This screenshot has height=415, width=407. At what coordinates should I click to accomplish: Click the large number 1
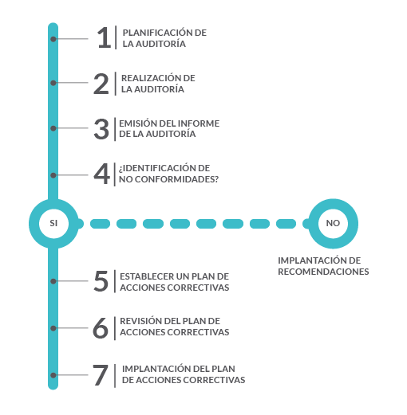[105, 37]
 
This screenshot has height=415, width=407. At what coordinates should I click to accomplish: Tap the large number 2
[101, 84]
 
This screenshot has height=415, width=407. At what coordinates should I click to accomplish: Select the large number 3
[101, 129]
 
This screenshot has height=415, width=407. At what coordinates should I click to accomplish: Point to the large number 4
[101, 174]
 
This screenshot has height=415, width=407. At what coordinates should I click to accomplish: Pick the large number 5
[101, 281]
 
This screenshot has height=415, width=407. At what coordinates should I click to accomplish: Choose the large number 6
[101, 328]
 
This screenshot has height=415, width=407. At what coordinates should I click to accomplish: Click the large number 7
[101, 375]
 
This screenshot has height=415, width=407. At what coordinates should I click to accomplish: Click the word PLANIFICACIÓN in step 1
[157, 33]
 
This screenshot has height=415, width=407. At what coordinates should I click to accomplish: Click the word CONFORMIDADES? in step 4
[176, 179]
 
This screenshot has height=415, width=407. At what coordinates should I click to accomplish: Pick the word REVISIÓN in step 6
[140, 321]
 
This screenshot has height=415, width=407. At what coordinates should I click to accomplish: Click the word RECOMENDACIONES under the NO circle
[323, 272]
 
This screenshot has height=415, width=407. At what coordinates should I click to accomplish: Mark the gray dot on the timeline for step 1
[53, 39]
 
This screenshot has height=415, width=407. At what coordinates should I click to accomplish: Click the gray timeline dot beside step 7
[53, 375]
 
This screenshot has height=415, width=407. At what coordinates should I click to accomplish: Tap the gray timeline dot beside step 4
[53, 175]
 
